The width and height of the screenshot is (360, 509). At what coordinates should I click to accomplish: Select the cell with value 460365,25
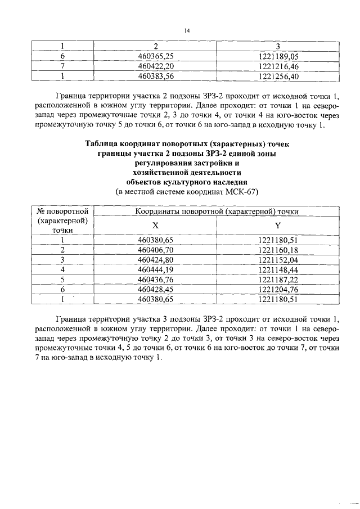pos(155,56)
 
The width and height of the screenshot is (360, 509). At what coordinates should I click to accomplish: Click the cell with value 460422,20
pos(155,66)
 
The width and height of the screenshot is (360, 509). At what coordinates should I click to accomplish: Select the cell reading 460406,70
pos(155,250)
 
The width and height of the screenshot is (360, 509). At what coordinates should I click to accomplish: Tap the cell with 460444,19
pos(155,269)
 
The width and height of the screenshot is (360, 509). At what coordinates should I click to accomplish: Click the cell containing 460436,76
pos(155,280)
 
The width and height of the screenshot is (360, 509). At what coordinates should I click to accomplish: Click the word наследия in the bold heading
pos(226,182)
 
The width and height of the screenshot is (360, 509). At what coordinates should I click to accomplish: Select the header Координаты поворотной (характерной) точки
pos(217,211)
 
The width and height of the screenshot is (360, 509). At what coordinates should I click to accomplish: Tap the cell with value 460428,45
pos(155,289)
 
